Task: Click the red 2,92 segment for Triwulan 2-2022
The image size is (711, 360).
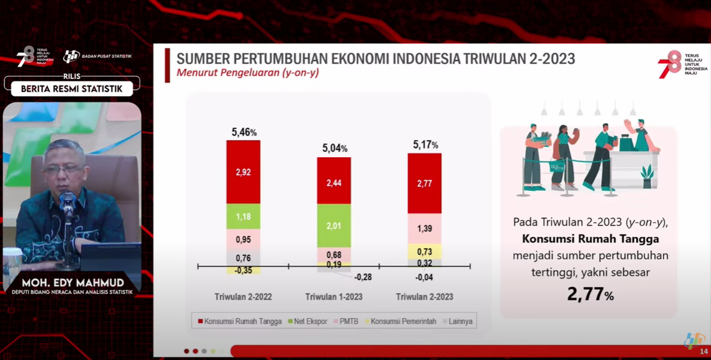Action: (x=243, y=172)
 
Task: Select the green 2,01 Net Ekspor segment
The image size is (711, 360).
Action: (x=334, y=225)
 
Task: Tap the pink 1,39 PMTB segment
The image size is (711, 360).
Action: (x=424, y=228)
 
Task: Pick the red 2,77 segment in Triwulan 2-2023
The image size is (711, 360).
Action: (x=424, y=183)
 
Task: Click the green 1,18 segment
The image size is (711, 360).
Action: (x=243, y=216)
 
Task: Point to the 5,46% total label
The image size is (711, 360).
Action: (x=244, y=132)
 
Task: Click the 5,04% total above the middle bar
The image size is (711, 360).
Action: (x=335, y=148)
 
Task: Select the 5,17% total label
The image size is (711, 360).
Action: (x=425, y=145)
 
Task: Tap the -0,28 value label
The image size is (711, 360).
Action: (x=363, y=277)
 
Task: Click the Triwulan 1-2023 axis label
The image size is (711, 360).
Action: (x=333, y=297)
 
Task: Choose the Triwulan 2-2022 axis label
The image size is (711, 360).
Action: (x=243, y=297)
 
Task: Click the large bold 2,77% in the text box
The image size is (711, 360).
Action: (x=590, y=294)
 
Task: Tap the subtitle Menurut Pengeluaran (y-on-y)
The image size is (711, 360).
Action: (x=248, y=73)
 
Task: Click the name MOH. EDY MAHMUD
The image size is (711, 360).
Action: (x=72, y=283)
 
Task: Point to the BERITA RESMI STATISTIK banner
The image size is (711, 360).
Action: (x=72, y=89)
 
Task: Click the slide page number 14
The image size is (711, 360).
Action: (x=704, y=352)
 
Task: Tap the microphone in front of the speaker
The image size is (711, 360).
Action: (x=68, y=203)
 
